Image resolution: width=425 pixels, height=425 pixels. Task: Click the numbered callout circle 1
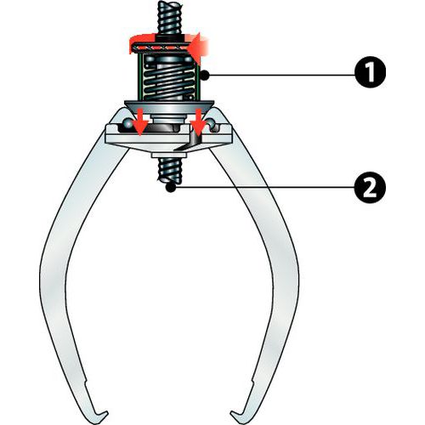pos(370,72)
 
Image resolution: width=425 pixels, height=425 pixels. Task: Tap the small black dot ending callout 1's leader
pos(204,76)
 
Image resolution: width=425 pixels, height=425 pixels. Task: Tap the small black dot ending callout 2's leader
pos(171,187)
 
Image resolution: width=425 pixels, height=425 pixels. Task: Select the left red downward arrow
pos(140,122)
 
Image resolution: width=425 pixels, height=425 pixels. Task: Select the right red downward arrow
pos(198,122)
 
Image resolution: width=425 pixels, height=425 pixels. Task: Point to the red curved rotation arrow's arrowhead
pos(198,48)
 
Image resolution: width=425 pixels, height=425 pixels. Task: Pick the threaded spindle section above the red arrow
pos(170,17)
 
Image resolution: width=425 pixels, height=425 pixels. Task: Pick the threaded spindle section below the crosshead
pos(170,171)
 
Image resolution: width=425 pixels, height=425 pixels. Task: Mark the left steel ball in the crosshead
pos(127,123)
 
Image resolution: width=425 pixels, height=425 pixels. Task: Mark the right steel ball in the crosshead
pos(212,123)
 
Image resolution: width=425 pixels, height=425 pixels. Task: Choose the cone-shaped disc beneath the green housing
pos(169,107)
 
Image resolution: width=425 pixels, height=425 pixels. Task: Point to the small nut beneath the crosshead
pos(169,156)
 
